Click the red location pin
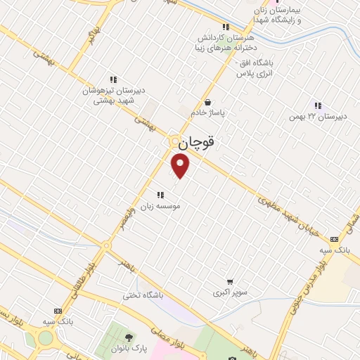click(181, 166)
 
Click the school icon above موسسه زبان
click(161, 194)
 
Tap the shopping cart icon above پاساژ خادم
click(207, 102)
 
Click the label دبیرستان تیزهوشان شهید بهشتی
click(112, 96)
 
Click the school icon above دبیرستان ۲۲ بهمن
click(318, 105)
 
